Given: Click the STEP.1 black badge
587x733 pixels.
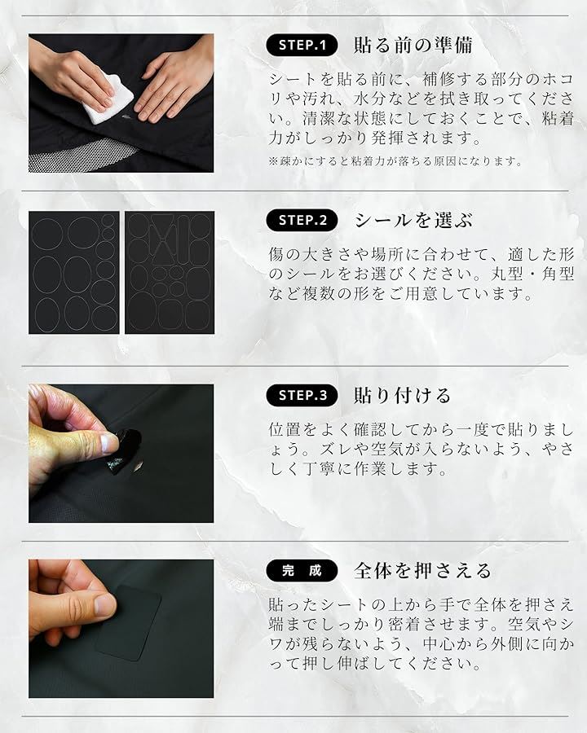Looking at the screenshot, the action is [x=302, y=45].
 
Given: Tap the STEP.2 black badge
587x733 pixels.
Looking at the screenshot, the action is [x=302, y=220].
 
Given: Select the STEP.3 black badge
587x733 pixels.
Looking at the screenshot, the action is [x=302, y=396].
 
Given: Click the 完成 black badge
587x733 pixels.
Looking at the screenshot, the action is [x=302, y=571].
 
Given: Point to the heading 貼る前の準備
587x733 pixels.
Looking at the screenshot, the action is [x=413, y=46].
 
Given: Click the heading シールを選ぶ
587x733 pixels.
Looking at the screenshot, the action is [x=413, y=220].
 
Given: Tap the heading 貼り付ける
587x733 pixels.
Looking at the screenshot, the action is [x=402, y=396].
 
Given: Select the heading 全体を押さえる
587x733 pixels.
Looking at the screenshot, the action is [x=422, y=571].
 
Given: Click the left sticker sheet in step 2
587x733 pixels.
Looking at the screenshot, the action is [x=74, y=273].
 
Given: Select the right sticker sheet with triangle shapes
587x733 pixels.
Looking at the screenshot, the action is [x=170, y=273].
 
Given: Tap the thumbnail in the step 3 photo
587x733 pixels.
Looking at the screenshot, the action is [x=109, y=442].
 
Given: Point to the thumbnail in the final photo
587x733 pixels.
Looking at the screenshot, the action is [x=105, y=605].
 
